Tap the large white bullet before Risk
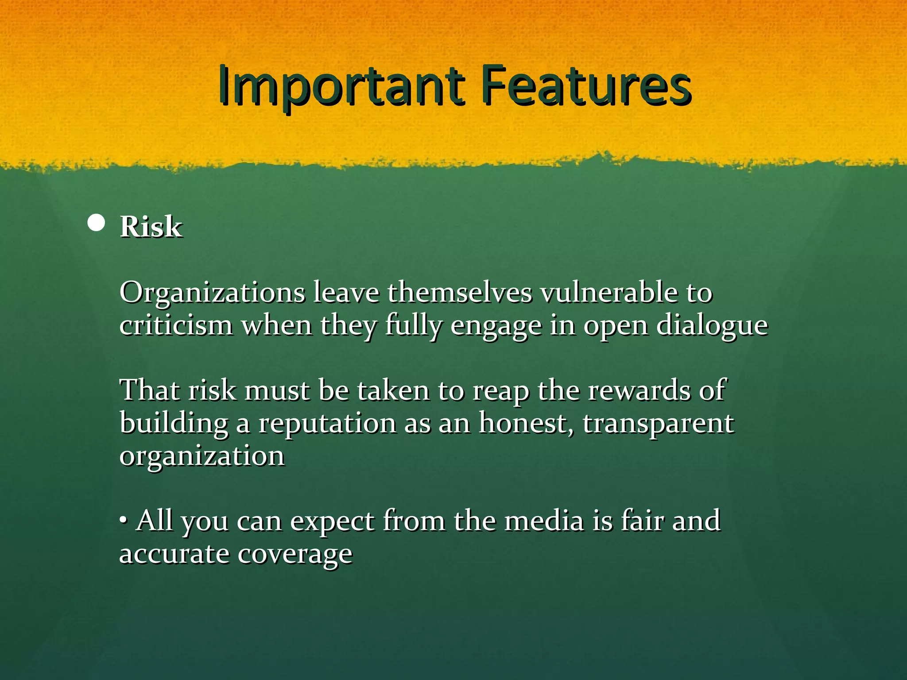[x=97, y=224]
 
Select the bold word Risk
[x=151, y=227]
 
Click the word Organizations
[x=212, y=293]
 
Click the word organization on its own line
[x=202, y=456]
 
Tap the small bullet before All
[x=124, y=520]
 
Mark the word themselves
[x=460, y=293]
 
